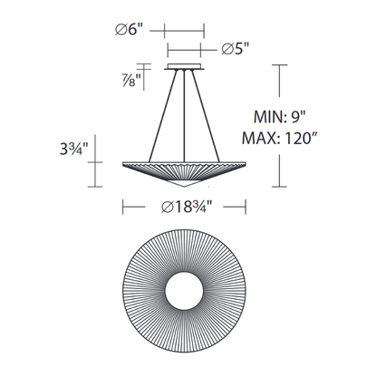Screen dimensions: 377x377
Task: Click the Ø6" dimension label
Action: coord(129,30)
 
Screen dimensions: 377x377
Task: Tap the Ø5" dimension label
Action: coord(236,48)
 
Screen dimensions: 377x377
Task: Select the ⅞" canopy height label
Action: coord(131,80)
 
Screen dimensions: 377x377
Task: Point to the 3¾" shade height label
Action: coord(73,149)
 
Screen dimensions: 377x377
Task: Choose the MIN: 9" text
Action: coord(280,117)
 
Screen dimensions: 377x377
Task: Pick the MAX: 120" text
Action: coord(278,139)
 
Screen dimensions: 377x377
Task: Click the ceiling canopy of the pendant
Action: coord(184,67)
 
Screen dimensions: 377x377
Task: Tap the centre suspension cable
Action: coord(184,116)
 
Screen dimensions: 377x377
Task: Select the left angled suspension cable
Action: coord(163,116)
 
